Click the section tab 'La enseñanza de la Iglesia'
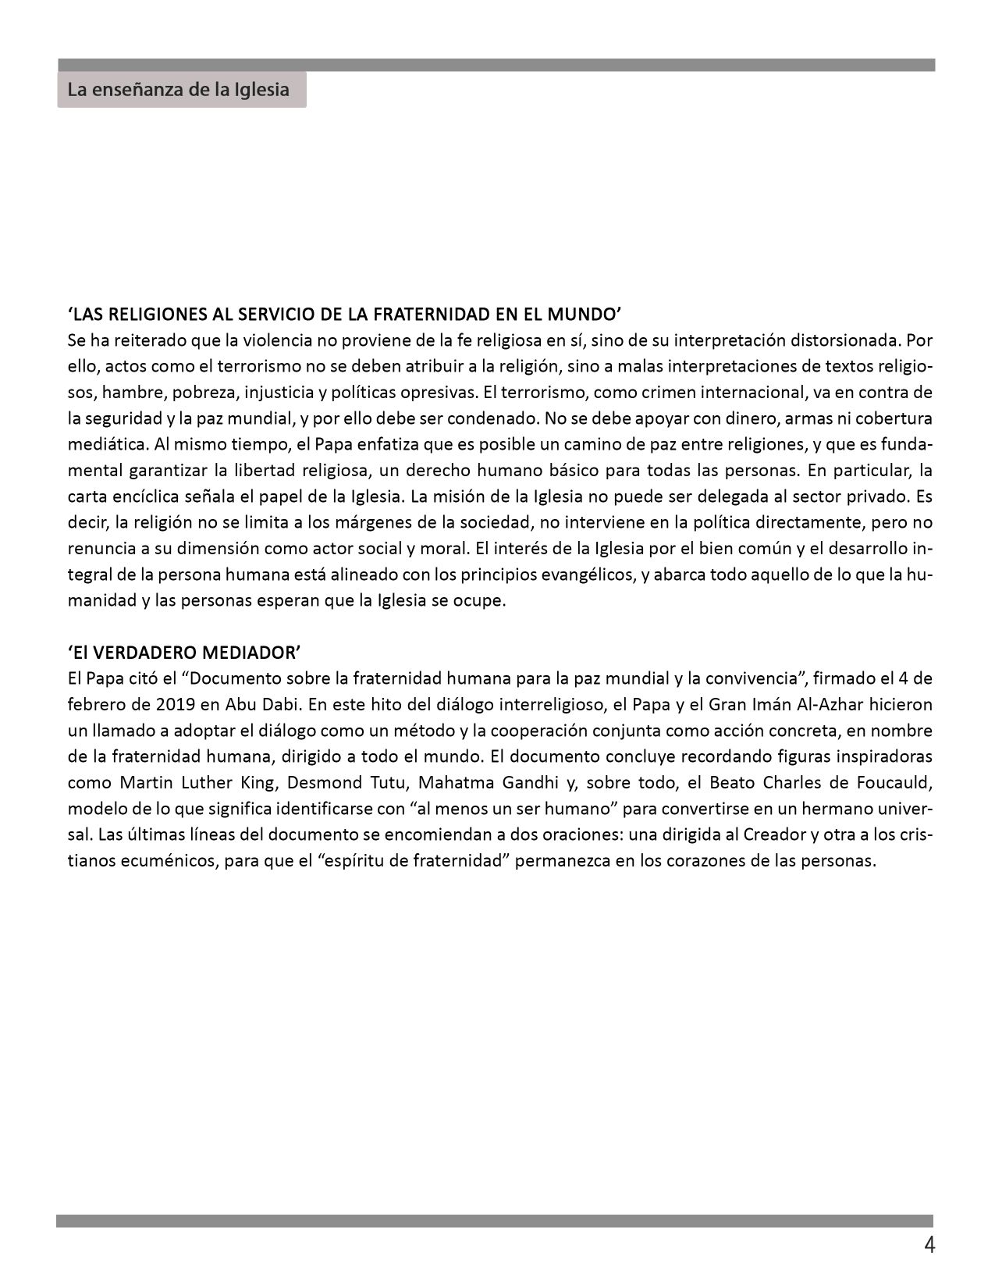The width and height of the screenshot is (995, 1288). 179,90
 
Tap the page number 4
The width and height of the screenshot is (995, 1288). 929,1245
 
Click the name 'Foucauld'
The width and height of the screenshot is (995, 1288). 894,783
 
